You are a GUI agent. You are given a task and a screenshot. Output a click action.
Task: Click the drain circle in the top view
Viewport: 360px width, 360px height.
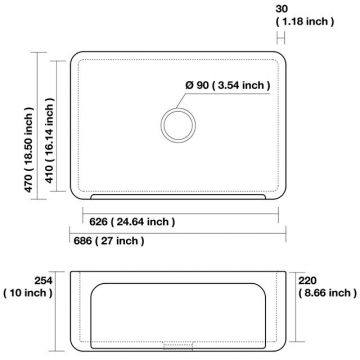(x=178, y=109)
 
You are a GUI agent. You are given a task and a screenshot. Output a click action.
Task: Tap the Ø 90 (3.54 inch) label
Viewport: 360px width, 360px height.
(x=228, y=85)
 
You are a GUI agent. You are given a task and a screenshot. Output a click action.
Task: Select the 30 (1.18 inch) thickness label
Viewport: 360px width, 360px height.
(x=304, y=15)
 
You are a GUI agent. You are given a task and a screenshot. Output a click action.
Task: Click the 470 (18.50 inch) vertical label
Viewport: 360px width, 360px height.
(x=29, y=150)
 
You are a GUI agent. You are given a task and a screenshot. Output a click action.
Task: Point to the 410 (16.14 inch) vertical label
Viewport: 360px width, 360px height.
(x=49, y=140)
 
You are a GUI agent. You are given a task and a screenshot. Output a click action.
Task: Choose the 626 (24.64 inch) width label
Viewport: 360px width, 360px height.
(x=132, y=222)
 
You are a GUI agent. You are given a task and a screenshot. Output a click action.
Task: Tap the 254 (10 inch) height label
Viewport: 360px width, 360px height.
(x=28, y=287)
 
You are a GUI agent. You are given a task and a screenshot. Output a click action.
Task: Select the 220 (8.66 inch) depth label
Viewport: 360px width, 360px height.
(x=327, y=287)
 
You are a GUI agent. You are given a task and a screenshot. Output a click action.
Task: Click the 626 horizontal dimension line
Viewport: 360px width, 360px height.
(x=180, y=214)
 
